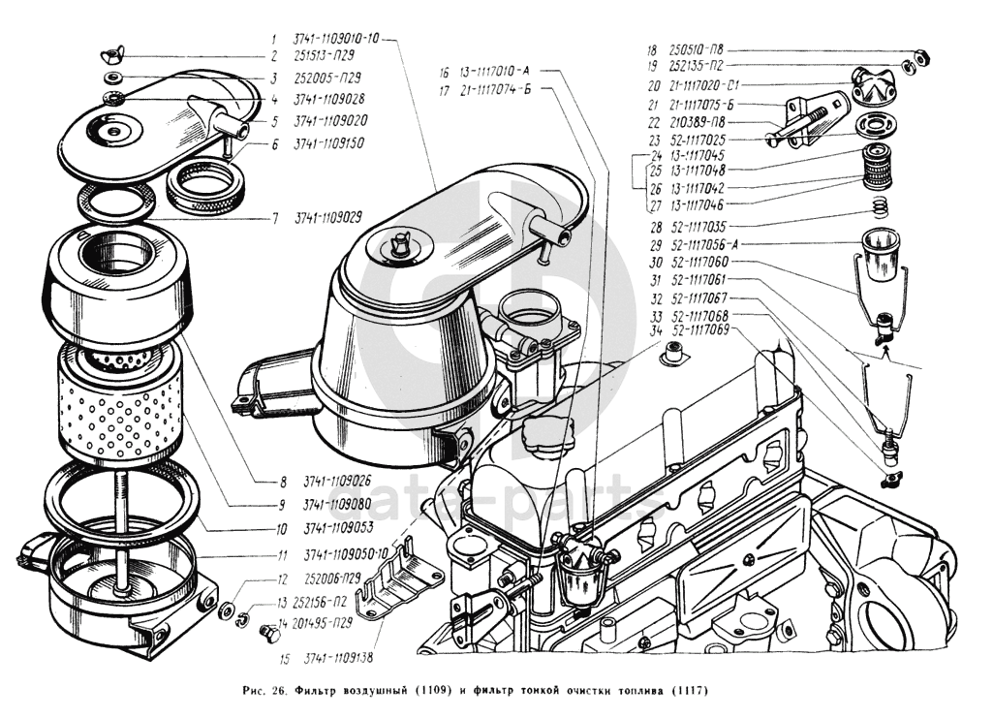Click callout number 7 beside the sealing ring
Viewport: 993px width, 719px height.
tap(275, 219)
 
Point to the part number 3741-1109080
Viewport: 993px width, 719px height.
tap(337, 505)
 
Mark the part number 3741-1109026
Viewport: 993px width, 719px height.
tap(337, 481)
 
